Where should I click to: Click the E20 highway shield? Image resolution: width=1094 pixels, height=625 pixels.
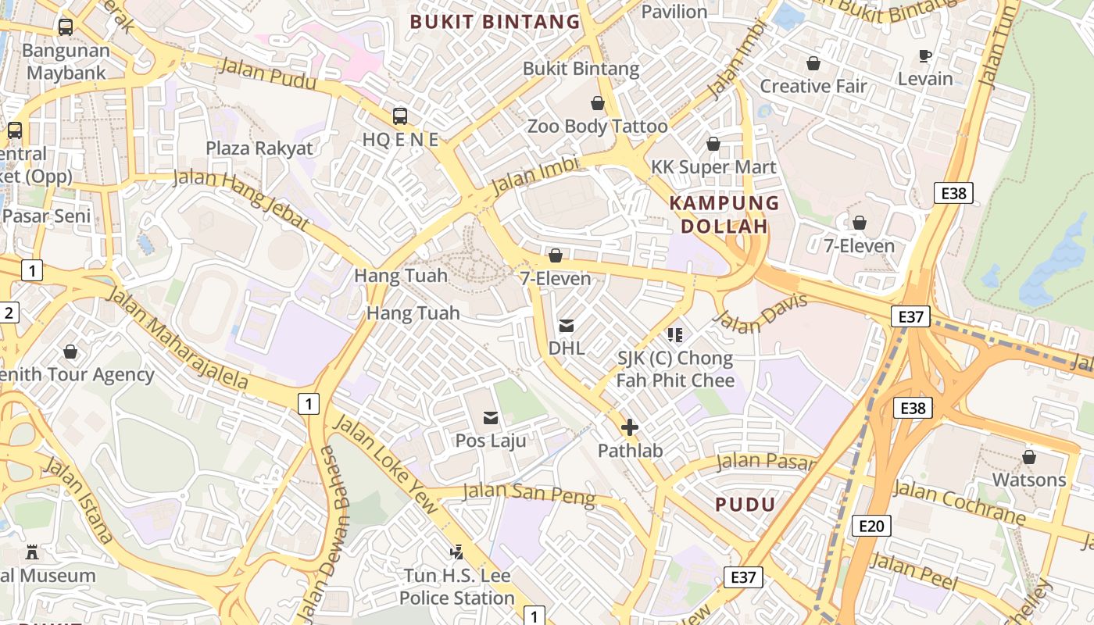tap(871, 526)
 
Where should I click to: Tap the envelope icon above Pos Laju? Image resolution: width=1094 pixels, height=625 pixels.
tap(491, 418)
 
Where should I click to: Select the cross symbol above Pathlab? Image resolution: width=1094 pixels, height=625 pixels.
tap(629, 427)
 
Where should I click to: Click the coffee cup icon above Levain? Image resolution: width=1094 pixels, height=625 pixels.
tap(925, 55)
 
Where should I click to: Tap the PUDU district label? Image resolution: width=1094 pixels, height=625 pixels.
tap(745, 505)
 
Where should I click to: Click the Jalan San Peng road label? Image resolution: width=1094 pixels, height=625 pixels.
tap(529, 494)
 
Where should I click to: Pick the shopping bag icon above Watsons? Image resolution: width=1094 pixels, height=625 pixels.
tap(1029, 457)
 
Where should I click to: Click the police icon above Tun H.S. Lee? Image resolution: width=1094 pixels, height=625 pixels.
tap(457, 552)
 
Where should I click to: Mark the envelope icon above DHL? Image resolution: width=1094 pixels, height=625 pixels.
tap(567, 326)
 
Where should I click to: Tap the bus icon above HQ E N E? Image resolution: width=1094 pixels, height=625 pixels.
tap(400, 116)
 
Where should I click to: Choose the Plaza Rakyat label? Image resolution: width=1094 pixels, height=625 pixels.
tap(259, 148)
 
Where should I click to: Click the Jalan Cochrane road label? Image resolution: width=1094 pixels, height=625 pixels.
tap(959, 502)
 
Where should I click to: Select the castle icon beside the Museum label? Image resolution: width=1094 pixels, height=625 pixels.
tap(32, 552)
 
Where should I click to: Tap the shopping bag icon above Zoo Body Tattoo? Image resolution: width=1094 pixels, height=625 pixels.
tap(598, 103)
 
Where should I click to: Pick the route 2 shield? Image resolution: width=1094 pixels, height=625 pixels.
tap(9, 313)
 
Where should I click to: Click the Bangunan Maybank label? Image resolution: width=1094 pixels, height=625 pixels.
tap(66, 62)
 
